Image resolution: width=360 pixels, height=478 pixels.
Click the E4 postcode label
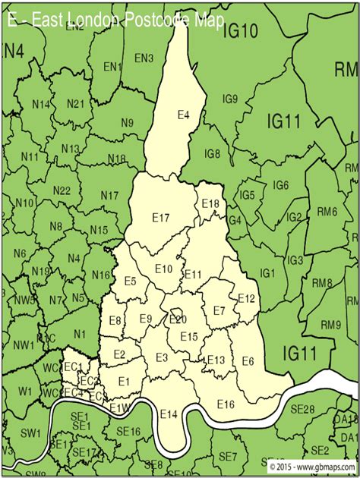point(183,115)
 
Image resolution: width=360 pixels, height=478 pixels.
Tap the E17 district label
point(160,218)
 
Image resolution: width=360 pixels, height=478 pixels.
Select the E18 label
point(210,203)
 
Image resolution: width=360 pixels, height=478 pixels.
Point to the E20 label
point(178,319)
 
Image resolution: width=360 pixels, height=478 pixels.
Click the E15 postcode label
point(189,337)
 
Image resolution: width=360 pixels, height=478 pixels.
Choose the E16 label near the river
point(226,404)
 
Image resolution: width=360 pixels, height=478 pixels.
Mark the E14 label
point(169,414)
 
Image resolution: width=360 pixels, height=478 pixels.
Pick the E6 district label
point(248,361)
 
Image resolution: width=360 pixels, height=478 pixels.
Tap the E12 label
point(246,298)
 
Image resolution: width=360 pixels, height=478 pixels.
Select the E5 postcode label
point(131,281)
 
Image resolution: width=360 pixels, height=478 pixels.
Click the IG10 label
point(243,30)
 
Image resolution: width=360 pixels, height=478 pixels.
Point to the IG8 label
point(213,154)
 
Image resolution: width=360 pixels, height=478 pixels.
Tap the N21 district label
point(74,103)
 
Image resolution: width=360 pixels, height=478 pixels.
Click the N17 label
point(109,196)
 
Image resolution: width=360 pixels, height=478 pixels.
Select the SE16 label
point(129,432)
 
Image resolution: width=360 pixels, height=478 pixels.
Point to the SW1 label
point(30,433)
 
